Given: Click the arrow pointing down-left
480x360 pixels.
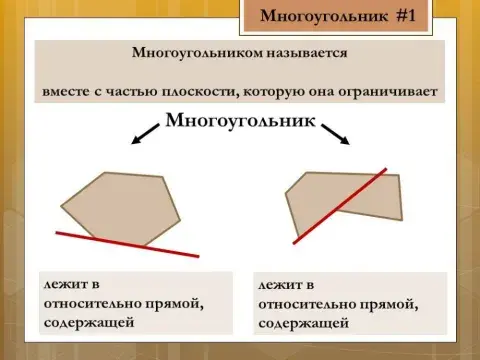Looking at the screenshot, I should pyautogui.click(x=146, y=130).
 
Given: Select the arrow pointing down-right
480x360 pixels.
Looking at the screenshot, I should pyautogui.click(x=334, y=131).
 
